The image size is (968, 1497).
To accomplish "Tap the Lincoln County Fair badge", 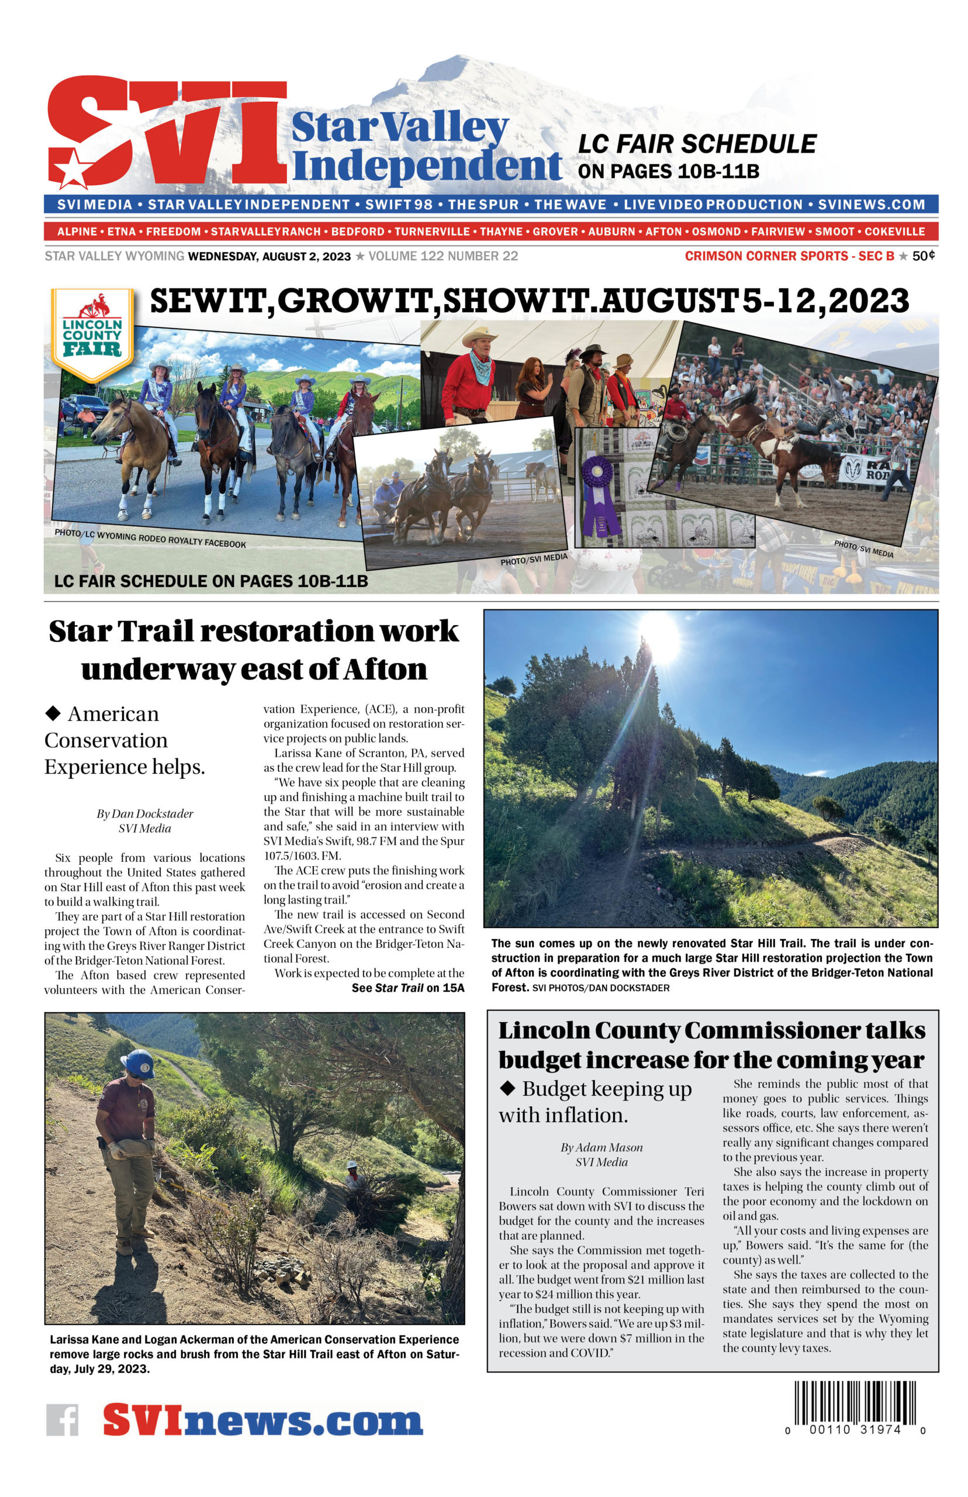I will pos(92,334).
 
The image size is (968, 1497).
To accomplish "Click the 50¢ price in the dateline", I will pos(924,256).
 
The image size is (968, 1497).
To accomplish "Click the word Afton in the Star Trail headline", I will pos(385,669).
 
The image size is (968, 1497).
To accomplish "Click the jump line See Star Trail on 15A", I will pos(407,988).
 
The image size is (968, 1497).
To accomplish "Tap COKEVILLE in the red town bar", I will pos(894,232).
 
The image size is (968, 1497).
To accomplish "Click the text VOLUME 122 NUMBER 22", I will pos(443,256).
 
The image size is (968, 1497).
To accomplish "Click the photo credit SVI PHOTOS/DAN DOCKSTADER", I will pos(600,988).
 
